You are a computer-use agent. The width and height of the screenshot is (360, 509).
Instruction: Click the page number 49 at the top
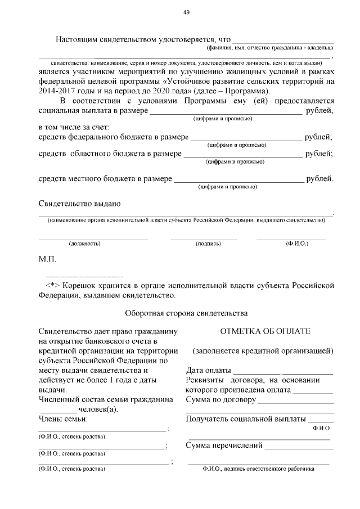point(186,13)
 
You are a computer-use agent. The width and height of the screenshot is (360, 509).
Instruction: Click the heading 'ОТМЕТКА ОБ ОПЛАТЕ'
point(262,332)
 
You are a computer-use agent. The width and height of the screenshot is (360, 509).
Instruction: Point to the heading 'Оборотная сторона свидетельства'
point(186,312)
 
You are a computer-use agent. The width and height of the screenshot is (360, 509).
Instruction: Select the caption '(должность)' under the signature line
point(84,244)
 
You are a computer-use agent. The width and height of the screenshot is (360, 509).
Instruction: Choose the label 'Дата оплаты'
point(208,371)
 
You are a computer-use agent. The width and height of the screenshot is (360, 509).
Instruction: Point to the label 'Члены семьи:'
point(63,419)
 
